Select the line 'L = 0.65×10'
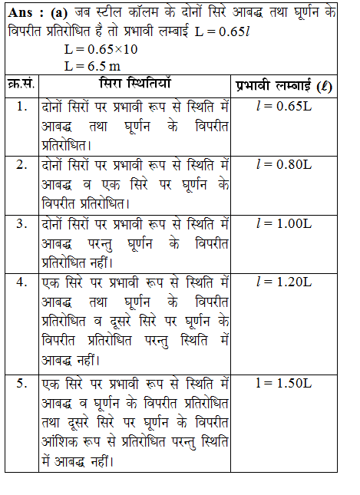coord(102,50)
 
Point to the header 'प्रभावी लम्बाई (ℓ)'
coord(284,85)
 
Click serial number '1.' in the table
coord(22,104)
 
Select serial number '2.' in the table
coord(22,165)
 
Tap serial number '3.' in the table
coord(22,223)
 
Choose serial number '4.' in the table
coord(22,282)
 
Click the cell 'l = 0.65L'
coord(283,105)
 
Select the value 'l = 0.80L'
coord(283,165)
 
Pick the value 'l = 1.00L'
coord(283,223)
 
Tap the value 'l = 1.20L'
coord(283,282)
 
